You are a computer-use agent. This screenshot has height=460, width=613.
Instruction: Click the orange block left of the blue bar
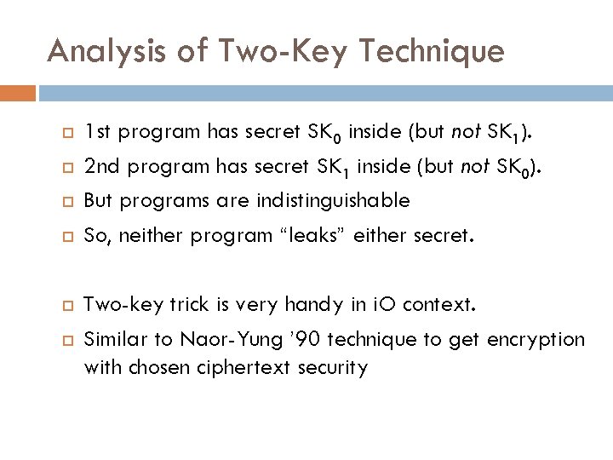18,92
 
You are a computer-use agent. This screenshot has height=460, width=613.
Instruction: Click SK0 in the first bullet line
324,133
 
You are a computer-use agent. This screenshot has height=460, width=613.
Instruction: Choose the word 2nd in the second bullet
100,166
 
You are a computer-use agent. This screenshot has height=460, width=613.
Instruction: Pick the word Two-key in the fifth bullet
117,305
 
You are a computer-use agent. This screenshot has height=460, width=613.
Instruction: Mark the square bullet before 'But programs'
59,202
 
